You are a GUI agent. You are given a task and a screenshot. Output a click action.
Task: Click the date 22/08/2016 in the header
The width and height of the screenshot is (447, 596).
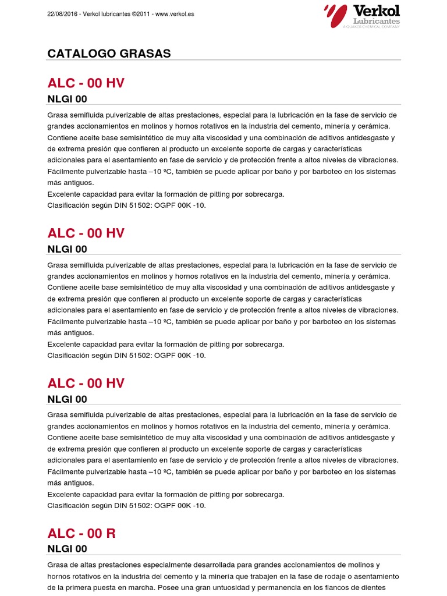pos(62,13)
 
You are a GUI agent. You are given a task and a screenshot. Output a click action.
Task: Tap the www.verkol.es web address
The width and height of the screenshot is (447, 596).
pos(175,13)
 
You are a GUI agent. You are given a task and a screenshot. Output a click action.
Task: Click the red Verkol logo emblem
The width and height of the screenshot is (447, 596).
pos(335,15)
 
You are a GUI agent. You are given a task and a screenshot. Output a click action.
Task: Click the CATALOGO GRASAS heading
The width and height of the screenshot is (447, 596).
pos(109,54)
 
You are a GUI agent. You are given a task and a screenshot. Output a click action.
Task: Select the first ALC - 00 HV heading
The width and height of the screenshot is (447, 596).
pos(86,83)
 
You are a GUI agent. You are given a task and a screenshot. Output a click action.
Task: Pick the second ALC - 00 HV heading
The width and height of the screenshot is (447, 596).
pos(86,233)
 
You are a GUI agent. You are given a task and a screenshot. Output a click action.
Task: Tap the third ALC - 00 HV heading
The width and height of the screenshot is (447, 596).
pos(86,384)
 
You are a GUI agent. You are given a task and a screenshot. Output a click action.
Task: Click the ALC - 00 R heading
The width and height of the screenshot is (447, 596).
pos(81,534)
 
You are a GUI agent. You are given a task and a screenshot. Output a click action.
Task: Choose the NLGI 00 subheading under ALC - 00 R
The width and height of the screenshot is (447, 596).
pos(67,549)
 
